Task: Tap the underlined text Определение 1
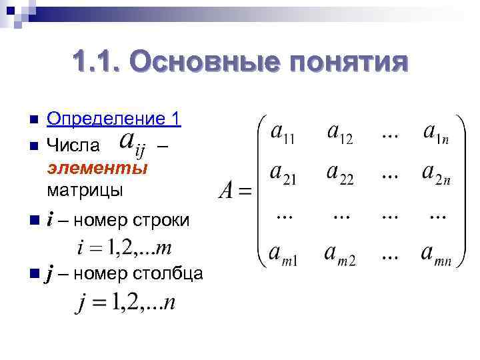click(x=114, y=119)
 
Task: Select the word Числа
click(x=74, y=145)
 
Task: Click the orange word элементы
click(x=97, y=167)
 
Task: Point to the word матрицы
click(x=85, y=190)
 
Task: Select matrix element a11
click(x=282, y=133)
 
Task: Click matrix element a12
click(x=339, y=133)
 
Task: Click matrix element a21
click(x=283, y=175)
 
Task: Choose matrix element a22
click(x=340, y=175)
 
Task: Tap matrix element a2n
click(x=436, y=175)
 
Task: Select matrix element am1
click(x=283, y=256)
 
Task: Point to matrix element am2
click(x=340, y=256)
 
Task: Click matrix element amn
click(x=436, y=256)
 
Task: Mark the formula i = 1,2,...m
click(x=125, y=248)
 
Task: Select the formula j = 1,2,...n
click(x=126, y=304)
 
